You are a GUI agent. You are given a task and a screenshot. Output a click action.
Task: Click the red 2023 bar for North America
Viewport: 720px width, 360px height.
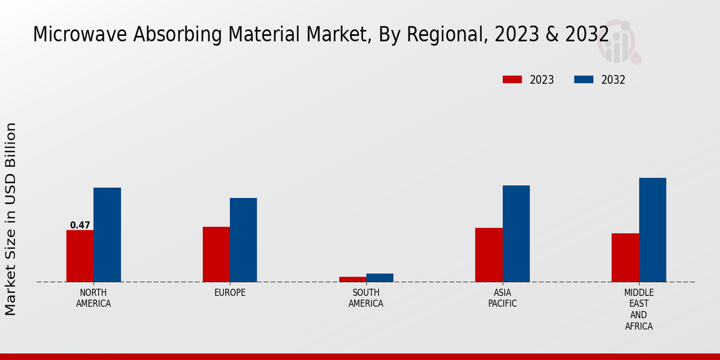80,256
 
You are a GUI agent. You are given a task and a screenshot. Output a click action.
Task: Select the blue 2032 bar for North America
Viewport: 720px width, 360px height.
107,235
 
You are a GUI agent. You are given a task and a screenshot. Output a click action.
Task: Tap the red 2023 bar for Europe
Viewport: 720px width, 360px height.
217,254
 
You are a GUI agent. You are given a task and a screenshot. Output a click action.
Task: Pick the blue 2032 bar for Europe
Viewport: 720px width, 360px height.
244,240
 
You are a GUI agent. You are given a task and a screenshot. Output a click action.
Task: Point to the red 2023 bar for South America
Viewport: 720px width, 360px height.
353,280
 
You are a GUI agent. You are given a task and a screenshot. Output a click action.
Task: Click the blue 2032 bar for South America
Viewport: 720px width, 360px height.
380,278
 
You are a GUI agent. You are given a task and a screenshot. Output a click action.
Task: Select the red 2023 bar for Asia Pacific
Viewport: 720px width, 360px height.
489,255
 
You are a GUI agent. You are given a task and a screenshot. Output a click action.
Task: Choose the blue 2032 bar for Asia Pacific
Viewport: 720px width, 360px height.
516,233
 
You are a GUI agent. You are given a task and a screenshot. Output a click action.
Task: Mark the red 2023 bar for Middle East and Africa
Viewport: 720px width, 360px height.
625,258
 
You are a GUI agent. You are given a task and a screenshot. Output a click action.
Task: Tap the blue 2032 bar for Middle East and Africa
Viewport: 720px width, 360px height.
653,230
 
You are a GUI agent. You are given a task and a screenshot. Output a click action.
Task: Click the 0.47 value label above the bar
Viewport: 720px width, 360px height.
80,225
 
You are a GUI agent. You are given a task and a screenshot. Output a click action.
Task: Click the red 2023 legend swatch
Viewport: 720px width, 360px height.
512,79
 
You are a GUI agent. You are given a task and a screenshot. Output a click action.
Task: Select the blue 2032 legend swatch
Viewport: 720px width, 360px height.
584,79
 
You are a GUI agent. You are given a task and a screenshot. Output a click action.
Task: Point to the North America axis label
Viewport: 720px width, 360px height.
94,298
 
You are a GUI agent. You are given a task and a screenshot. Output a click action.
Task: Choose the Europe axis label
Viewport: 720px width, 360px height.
230,293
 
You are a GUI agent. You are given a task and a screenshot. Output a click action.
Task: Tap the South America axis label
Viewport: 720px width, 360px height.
366,298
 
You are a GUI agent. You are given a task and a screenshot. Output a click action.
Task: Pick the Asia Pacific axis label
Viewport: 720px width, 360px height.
502,298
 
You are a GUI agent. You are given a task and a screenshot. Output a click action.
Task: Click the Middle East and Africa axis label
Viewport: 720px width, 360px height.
638,309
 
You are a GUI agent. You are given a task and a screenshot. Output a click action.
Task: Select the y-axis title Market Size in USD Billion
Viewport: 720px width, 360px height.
10,219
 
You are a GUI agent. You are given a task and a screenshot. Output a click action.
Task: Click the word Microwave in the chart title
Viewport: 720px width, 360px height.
80,34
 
